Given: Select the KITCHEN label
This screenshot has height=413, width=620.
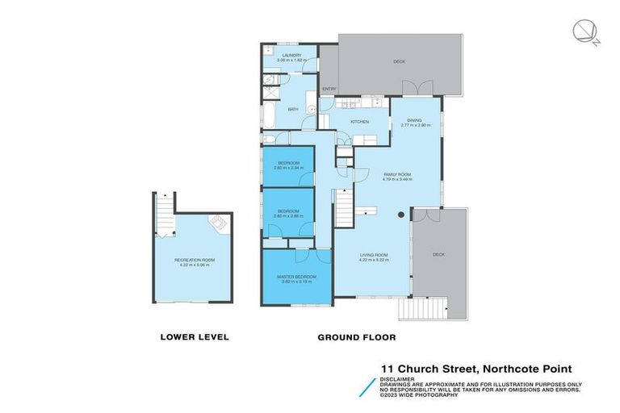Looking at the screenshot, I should [359, 122].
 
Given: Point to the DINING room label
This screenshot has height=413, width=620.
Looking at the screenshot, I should [415, 120].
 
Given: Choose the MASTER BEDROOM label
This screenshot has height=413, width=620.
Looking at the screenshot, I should [298, 276].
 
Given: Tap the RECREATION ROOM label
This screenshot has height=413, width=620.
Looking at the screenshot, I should [192, 258].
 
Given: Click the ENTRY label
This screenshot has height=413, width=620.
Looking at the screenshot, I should [329, 89].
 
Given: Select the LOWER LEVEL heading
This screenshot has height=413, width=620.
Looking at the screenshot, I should [195, 337].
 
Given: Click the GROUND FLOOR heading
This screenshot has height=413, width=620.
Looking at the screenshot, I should [356, 337].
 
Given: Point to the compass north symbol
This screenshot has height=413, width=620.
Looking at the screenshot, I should [583, 31].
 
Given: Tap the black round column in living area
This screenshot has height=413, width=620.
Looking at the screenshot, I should [401, 215].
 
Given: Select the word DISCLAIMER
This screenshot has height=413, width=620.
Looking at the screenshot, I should [399, 378].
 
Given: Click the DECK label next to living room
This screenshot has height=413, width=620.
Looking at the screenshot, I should [438, 254].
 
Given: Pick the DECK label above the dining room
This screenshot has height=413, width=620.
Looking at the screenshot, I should [398, 61].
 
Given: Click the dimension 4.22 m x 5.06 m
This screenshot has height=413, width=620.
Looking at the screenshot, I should [192, 264].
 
